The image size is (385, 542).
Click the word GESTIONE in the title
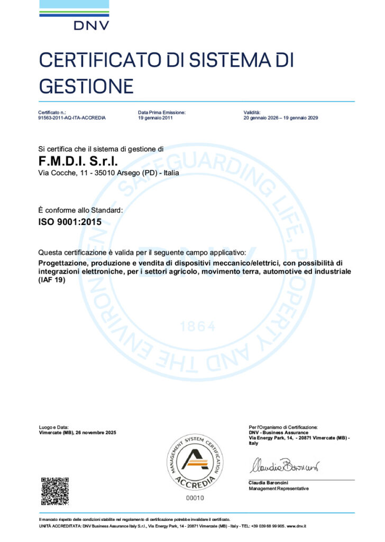pyautogui.click(x=86, y=85)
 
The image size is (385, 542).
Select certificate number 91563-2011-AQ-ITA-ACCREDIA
pyautogui.click(x=72, y=118)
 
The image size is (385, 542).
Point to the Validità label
pyautogui.click(x=252, y=113)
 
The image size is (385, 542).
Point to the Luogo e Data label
pyautogui.click(x=54, y=427)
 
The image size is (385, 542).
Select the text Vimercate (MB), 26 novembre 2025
pyautogui.click(x=77, y=432)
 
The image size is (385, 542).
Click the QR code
pyautogui.click(x=55, y=491)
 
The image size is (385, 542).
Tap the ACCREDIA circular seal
pyautogui.click(x=195, y=460)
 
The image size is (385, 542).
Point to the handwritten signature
pyautogui.click(x=283, y=466)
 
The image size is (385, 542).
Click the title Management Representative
pyautogui.click(x=278, y=489)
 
